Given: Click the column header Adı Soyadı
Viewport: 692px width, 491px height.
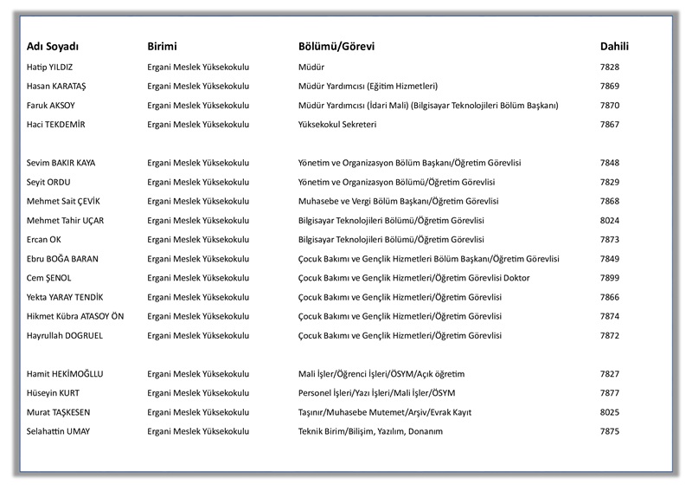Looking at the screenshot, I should click(59, 46).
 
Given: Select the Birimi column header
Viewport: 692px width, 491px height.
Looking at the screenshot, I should click(167, 46).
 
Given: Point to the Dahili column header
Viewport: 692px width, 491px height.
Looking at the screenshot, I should click(614, 46).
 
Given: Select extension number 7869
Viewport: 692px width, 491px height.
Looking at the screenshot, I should click(610, 86).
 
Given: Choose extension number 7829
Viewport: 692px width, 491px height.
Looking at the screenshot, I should click(610, 182).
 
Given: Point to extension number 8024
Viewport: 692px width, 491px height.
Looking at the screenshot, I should click(610, 220).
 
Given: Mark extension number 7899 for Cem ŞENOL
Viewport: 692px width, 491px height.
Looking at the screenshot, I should click(610, 277).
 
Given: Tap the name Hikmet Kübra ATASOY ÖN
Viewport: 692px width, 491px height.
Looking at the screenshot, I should click(75, 316).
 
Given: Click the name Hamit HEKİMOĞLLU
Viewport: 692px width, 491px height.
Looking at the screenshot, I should click(65, 373).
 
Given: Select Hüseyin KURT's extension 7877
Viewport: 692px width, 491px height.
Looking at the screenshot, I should click(610, 392).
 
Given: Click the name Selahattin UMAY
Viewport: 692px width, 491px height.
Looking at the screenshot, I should click(59, 431).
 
